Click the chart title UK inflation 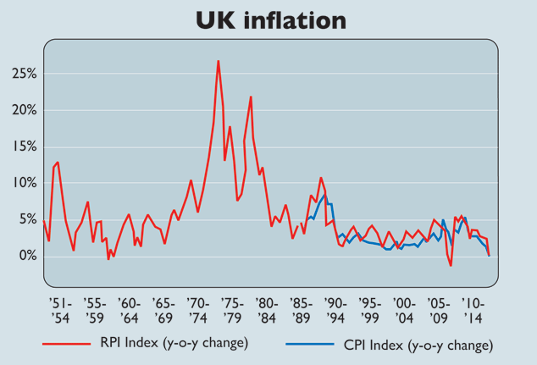pos(268,19)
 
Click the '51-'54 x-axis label pos(59,310)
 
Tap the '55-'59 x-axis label pos(94,310)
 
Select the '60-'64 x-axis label pos(128,310)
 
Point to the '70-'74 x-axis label pos(197,310)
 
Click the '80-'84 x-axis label pos(266,310)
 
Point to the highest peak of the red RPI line pos(218,61)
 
